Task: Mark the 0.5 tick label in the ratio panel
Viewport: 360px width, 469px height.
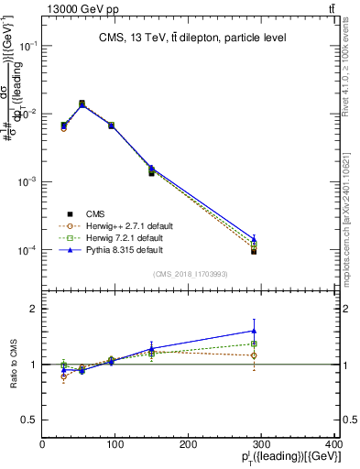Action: pyautogui.click(x=29, y=420)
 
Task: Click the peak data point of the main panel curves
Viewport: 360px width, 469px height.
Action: pyautogui.click(x=82, y=104)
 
